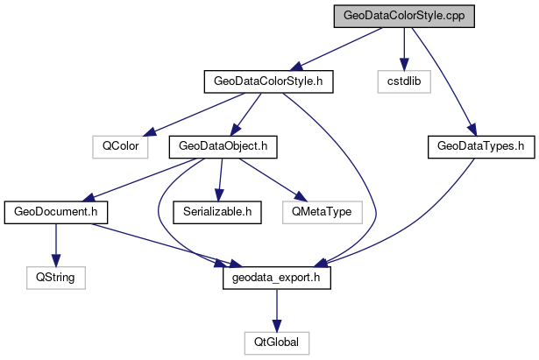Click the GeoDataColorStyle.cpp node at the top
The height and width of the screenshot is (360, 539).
pyautogui.click(x=403, y=16)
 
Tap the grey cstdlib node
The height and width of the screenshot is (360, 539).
pyautogui.click(x=403, y=81)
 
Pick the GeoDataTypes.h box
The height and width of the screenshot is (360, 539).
pyautogui.click(x=481, y=146)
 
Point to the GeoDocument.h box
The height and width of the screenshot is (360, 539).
pyautogui.click(x=55, y=211)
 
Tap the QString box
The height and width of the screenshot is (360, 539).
pyautogui.click(x=55, y=277)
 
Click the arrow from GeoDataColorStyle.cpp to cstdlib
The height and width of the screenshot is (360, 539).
pyautogui.click(x=403, y=48)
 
